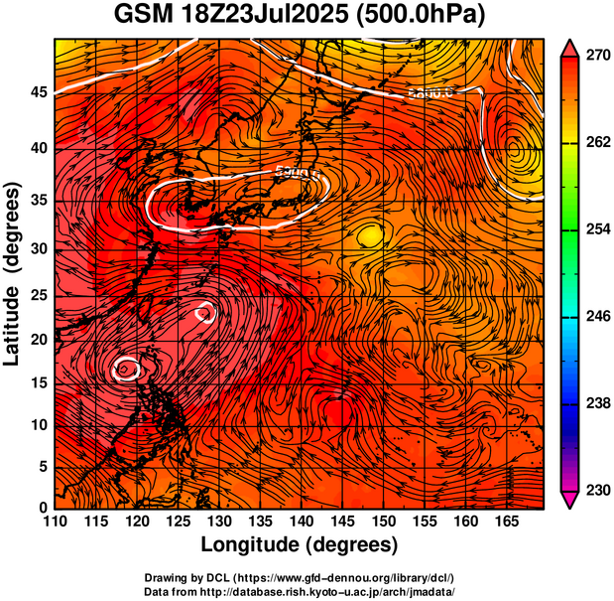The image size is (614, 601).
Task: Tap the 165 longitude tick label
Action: tap(505, 522)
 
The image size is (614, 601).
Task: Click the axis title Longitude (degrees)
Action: tap(300, 544)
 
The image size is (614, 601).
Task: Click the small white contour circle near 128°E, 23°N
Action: tap(205, 313)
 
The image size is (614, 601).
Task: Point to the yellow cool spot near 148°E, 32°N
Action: tap(369, 234)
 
